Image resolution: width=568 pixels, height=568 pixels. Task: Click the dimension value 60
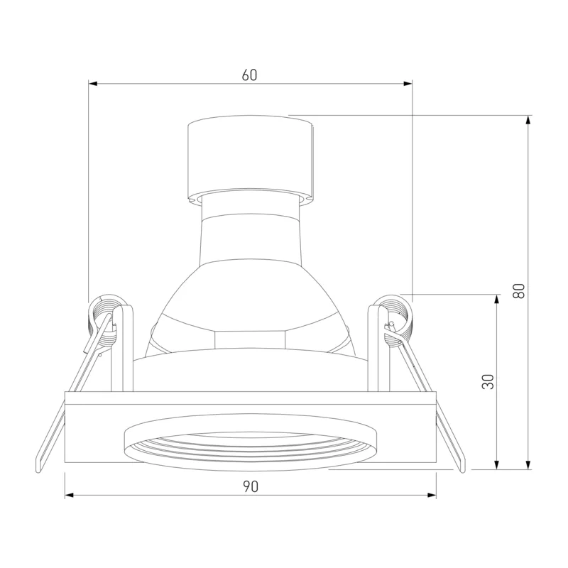pyautogui.click(x=250, y=75)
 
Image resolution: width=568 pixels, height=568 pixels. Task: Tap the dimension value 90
pyautogui.click(x=251, y=487)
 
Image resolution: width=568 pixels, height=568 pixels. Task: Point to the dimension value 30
pyautogui.click(x=488, y=382)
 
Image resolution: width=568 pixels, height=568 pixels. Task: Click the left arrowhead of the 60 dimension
pyautogui.click(x=93, y=84)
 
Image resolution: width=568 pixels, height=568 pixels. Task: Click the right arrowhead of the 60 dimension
pyautogui.click(x=408, y=84)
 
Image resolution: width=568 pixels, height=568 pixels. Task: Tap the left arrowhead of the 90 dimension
pyautogui.click(x=70, y=495)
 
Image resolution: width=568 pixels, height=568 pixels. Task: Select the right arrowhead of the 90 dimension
pyautogui.click(x=432, y=495)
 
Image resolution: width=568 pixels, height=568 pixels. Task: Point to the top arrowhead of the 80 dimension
pyautogui.click(x=528, y=120)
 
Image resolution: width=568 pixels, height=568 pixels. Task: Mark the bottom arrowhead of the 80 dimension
pyautogui.click(x=528, y=465)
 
